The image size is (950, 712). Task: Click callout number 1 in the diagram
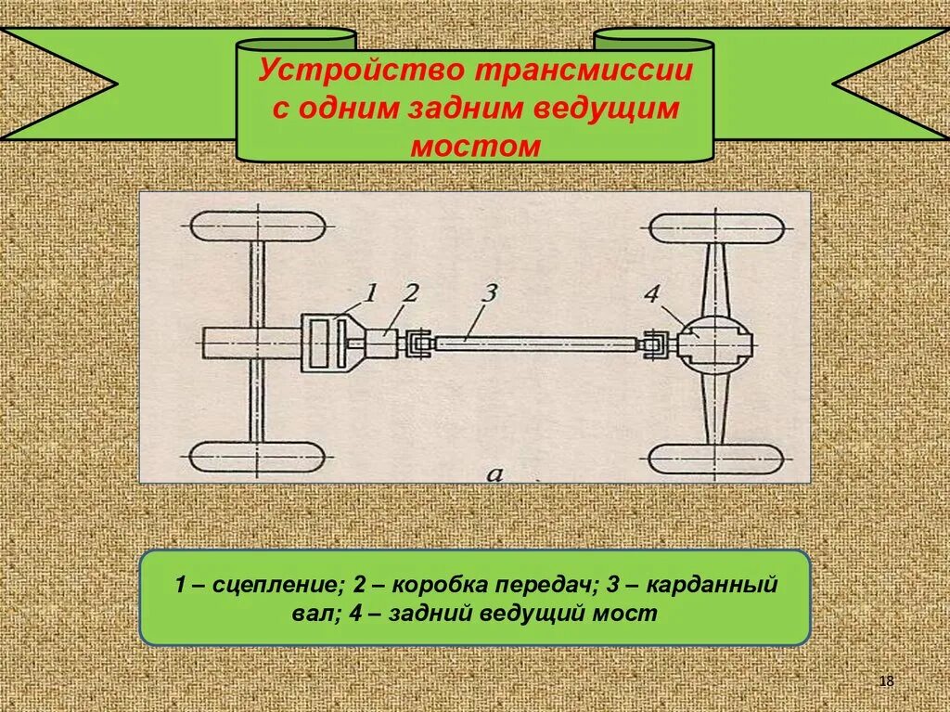(369, 293)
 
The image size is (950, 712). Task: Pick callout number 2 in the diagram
(410, 294)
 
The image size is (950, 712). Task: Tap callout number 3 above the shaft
(490, 294)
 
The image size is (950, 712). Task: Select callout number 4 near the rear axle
(652, 296)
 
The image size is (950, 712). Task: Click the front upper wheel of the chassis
(257, 227)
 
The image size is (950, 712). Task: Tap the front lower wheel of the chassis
(257, 457)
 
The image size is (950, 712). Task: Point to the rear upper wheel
(715, 228)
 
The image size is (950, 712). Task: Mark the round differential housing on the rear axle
(715, 343)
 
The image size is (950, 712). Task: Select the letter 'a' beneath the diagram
(494, 475)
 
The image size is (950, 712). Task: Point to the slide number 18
(886, 682)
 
